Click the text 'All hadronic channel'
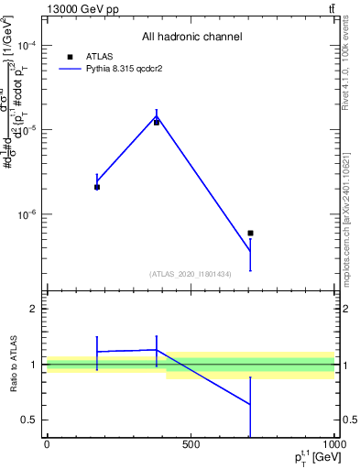pos(191,37)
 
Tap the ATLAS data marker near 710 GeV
pos(250,233)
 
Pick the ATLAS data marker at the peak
pos(157,122)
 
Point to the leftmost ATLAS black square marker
pos(97,187)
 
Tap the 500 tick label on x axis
pos(191,444)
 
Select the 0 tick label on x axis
pos(47,444)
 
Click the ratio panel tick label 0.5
pos(30,420)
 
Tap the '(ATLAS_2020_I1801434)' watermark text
pos(191,274)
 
